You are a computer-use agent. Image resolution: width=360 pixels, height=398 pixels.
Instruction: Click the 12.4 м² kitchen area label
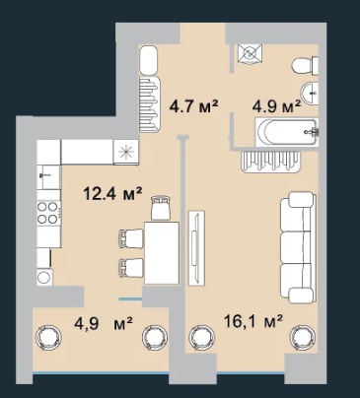[112, 194]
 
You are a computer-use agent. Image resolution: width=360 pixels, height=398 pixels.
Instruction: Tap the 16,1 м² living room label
[253, 321]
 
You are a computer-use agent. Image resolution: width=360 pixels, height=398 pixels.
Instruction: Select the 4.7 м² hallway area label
[193, 106]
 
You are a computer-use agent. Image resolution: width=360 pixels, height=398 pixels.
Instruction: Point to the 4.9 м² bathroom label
[276, 106]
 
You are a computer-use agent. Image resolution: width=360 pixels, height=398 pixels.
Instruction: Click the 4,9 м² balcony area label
[104, 324]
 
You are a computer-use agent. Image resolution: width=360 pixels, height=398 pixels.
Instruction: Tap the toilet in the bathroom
[305, 65]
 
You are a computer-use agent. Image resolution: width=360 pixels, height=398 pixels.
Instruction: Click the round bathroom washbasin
[310, 94]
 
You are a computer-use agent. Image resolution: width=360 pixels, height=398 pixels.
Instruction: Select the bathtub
[287, 132]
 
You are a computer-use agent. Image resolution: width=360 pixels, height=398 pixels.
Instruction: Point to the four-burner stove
[48, 213]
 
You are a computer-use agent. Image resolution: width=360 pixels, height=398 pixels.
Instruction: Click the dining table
[162, 253]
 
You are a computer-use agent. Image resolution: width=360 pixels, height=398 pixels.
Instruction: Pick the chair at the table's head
[161, 207]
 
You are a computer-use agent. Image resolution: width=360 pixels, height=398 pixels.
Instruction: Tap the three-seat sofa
[298, 247]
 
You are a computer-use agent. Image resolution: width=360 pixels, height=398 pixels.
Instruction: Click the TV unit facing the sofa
[196, 247]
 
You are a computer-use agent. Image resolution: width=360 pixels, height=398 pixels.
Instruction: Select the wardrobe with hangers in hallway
[150, 104]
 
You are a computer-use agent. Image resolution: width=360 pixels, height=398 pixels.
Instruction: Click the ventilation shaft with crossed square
[251, 52]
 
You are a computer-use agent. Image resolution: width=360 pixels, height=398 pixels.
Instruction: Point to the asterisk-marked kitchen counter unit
[125, 152]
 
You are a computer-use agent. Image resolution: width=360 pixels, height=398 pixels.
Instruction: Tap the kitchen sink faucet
[43, 175]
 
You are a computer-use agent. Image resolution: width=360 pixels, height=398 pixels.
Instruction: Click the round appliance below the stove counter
[44, 277]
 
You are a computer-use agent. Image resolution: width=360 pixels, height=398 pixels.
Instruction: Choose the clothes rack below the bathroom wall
[271, 162]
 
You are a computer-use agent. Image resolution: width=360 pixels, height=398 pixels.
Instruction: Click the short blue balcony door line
[130, 299]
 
